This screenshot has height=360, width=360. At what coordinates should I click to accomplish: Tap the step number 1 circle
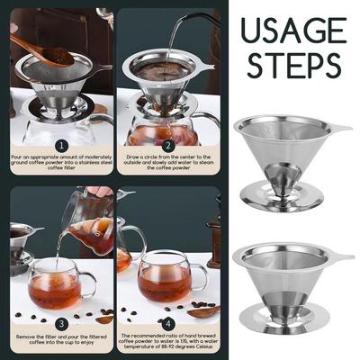tap(61, 144)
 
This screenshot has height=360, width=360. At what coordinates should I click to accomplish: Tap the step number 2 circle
tap(167, 144)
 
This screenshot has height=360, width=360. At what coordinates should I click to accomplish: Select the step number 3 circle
tap(61, 321)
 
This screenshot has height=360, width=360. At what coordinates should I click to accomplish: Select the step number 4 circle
tap(167, 321)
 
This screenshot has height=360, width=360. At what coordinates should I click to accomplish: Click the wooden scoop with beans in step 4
tap(203, 311)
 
